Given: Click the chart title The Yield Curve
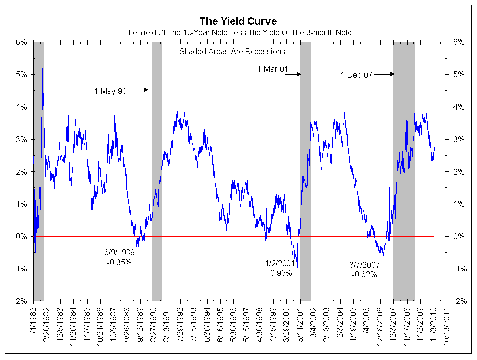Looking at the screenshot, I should (238, 21).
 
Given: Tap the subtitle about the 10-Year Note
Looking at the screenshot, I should (238, 32).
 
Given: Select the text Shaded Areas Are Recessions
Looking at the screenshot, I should (232, 51).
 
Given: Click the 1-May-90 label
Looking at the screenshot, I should (111, 90).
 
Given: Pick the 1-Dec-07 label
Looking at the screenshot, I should (356, 75).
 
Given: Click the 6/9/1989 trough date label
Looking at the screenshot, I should (119, 253).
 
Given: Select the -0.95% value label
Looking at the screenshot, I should (280, 273).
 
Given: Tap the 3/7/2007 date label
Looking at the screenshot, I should (364, 265).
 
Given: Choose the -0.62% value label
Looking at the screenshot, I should (364, 275).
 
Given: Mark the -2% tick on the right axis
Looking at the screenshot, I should (458, 301).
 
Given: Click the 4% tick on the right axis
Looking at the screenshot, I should (458, 107).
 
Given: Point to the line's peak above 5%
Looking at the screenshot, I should (43, 69).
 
